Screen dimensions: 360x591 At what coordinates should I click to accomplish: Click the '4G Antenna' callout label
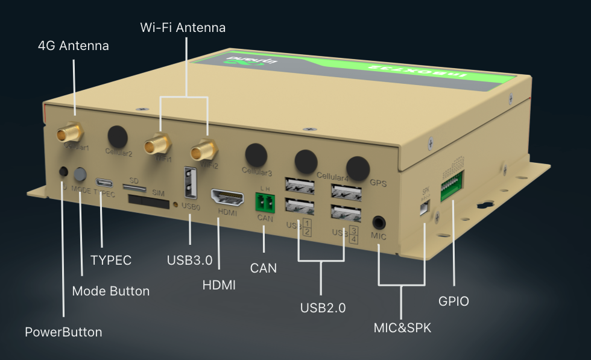[x=73, y=46]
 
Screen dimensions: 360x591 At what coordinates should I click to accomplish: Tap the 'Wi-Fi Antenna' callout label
[x=183, y=28]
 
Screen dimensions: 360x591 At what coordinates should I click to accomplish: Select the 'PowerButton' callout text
[x=63, y=332]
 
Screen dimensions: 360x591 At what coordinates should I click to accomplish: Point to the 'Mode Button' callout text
[x=110, y=291]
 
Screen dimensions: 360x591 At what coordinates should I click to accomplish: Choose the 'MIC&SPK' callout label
[x=402, y=328]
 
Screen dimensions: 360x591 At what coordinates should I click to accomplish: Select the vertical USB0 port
[x=190, y=183]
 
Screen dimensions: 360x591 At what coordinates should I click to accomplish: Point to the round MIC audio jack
[x=379, y=222]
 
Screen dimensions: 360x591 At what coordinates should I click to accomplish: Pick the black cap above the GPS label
[x=357, y=167]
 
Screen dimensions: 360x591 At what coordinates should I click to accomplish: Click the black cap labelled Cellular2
[x=118, y=137]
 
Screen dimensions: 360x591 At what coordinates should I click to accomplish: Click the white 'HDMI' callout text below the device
[x=219, y=285]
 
